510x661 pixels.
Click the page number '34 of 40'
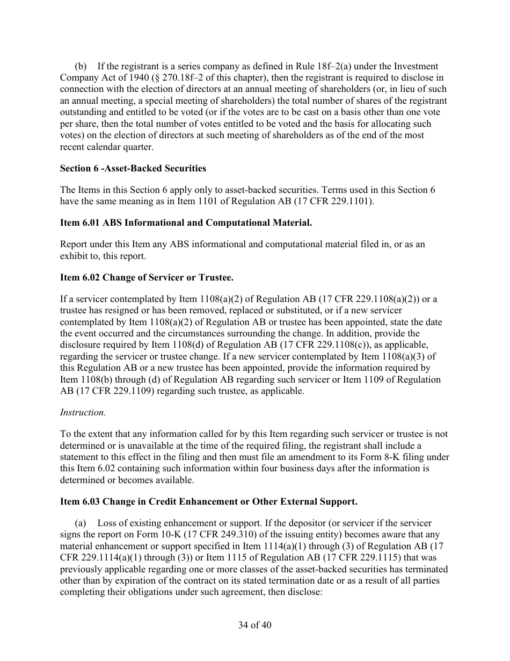coord(255,625)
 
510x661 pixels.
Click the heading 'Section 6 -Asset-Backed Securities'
coord(133,168)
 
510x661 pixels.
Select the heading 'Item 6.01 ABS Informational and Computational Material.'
coord(186,222)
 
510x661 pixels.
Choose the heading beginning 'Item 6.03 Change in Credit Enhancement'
coord(208,501)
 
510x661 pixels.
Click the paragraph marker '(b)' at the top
coord(81,66)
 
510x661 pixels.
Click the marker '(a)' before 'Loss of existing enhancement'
coord(81,523)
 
